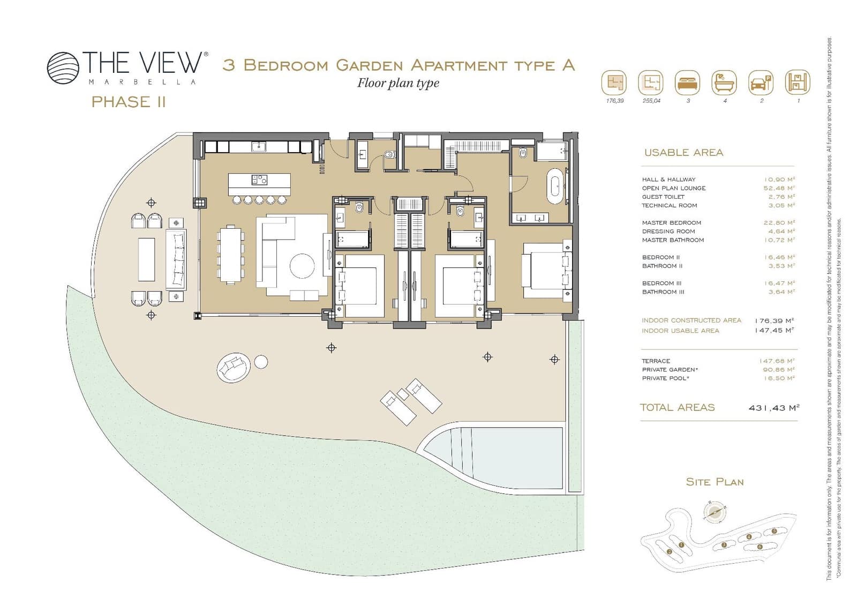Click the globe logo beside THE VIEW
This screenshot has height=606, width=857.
click(63, 68)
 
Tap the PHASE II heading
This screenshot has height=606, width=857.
click(129, 102)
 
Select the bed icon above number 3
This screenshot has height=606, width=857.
click(687, 83)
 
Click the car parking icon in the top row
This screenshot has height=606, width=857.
click(761, 83)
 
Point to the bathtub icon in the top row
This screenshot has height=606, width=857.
click(724, 83)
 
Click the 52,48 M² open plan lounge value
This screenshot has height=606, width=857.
click(779, 188)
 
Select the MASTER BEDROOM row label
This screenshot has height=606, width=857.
click(671, 223)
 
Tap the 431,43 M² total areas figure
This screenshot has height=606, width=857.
click(773, 408)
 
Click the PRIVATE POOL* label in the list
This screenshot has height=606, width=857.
click(665, 378)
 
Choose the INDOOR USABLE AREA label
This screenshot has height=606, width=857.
click(680, 331)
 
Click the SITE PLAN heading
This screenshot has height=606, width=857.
click(715, 482)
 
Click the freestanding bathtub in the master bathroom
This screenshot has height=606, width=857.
click(555, 185)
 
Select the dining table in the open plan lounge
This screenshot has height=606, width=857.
click(230, 254)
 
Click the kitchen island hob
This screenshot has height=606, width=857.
click(259, 181)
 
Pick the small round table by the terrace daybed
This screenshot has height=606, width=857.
click(261, 362)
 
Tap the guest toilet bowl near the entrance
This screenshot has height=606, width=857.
click(389, 155)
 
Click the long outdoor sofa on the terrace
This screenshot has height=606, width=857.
click(176, 259)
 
